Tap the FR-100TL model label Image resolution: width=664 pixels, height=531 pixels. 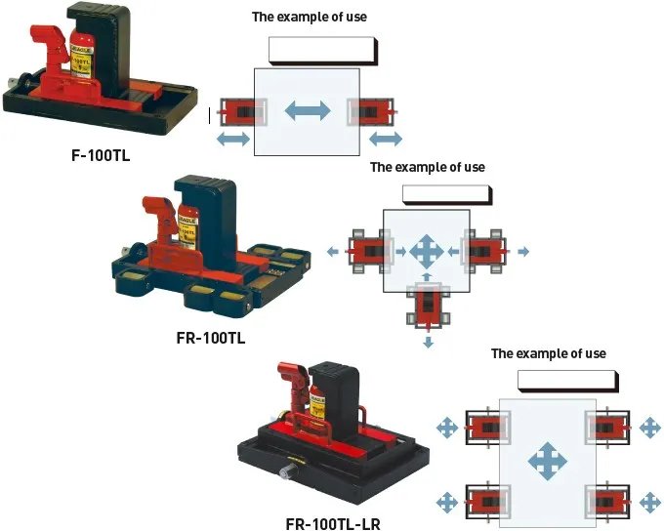(x=210, y=339)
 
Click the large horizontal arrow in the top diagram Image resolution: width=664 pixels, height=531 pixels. (x=307, y=111)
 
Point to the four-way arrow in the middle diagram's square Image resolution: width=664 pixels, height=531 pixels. (x=426, y=251)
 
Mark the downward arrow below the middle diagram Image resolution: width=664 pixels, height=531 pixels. (x=428, y=343)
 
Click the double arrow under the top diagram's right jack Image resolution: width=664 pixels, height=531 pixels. (x=386, y=140)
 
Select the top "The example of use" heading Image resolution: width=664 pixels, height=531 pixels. (x=310, y=17)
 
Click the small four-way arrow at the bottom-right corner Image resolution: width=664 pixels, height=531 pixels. (x=649, y=503)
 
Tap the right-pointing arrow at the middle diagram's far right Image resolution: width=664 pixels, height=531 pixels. (x=523, y=252)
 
